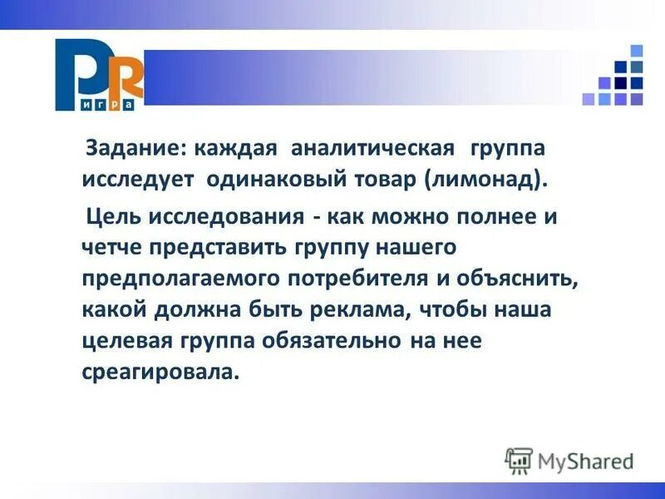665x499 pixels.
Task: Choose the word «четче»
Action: [113, 249]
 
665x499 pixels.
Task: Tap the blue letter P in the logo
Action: [78, 71]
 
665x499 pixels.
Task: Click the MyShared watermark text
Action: [586, 461]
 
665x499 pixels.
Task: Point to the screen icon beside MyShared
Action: [518, 460]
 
